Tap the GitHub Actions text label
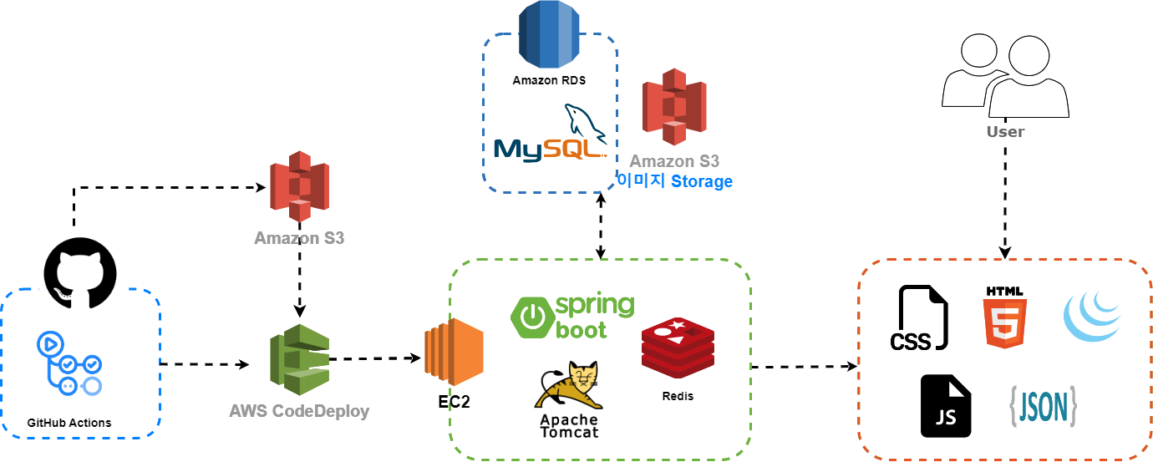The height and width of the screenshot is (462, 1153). tap(69, 423)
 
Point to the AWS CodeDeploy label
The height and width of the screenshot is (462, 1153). tap(299, 412)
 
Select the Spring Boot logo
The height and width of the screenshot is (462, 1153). tap(572, 317)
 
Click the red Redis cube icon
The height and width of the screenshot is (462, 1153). tap(678, 349)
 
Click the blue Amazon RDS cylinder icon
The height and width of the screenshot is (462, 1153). tap(548, 36)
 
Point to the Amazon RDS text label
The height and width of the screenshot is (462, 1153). tap(549, 81)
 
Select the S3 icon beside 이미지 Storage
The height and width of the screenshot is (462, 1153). tap(674, 107)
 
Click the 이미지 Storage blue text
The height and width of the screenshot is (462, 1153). tap(674, 181)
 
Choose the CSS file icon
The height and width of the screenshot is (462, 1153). tap(918, 317)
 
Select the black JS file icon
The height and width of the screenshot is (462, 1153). tap(946, 406)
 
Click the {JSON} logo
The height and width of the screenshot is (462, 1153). tap(1042, 406)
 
